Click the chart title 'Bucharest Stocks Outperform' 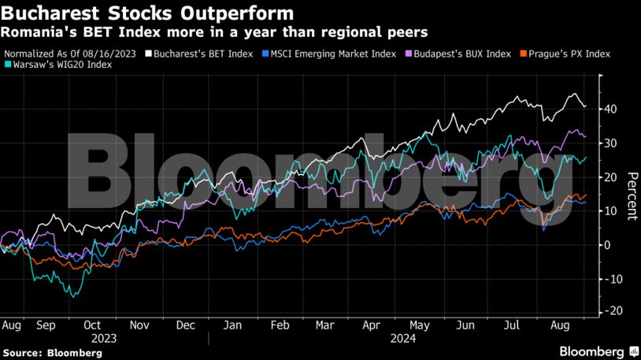tap(149, 13)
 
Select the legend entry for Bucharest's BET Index tap(203, 54)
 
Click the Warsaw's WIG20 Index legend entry tap(61, 65)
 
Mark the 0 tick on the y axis tap(608, 245)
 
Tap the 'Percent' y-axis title tap(631, 197)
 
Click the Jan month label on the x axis tap(232, 324)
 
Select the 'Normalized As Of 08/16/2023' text tap(70, 54)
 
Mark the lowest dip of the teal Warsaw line tap(73, 296)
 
